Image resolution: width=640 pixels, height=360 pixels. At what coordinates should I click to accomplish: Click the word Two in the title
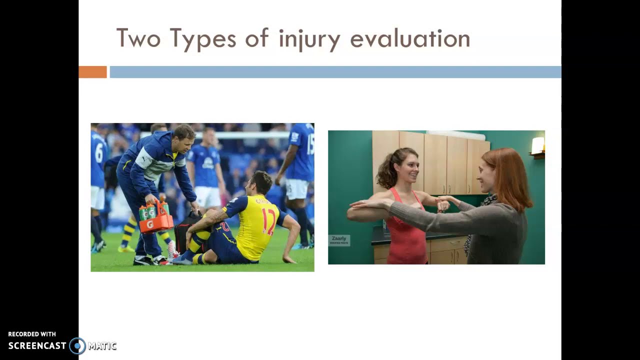tap(139, 38)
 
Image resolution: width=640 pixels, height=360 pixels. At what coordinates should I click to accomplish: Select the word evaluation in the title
tap(409, 39)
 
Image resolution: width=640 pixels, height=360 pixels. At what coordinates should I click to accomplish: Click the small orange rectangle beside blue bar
tap(92, 72)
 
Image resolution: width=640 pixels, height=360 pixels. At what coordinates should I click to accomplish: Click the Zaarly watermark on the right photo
tap(339, 239)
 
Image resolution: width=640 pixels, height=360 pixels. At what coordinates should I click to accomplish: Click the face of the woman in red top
tap(404, 168)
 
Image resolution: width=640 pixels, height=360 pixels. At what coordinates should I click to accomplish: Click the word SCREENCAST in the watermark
tap(37, 345)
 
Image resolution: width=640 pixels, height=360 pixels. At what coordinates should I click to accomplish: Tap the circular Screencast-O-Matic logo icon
tap(77, 345)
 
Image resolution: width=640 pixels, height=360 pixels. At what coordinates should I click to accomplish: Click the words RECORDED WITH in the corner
tap(32, 334)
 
